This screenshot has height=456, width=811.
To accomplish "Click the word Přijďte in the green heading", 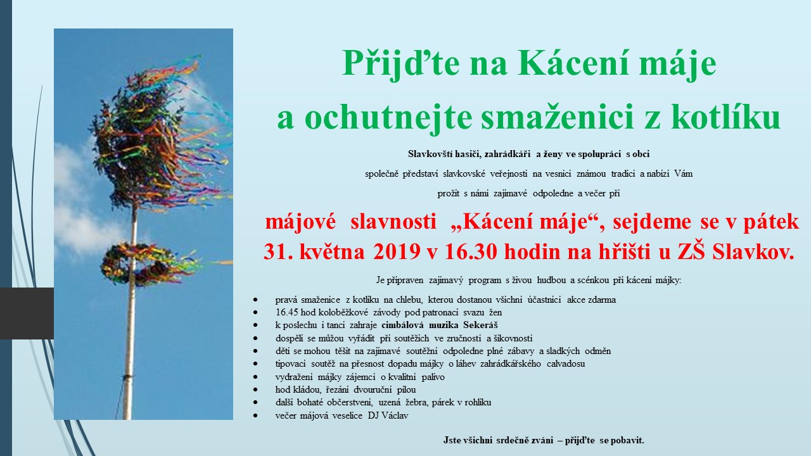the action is [x=401, y=64].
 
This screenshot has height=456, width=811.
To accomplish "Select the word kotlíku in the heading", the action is [x=725, y=116].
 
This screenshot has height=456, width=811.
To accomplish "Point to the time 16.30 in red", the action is [x=471, y=251].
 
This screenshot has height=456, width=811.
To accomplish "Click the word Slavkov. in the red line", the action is [x=753, y=251].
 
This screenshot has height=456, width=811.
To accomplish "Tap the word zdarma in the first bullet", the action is [x=602, y=300].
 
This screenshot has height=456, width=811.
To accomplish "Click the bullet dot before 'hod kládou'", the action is [x=255, y=389].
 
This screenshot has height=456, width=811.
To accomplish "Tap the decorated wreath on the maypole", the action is [x=145, y=264].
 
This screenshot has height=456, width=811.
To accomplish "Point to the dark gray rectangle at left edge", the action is [x=27, y=313].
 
